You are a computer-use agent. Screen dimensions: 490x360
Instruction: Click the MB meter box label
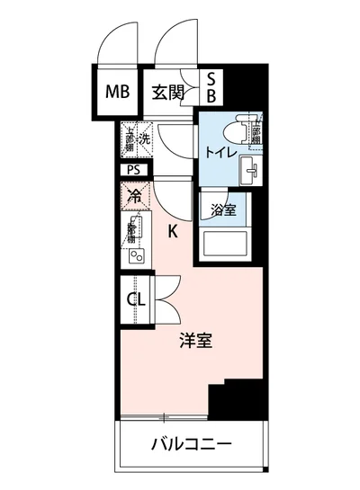coord(116,91)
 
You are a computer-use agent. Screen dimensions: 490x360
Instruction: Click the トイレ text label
coord(220,153)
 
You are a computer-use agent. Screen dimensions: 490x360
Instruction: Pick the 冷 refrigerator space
coord(134,194)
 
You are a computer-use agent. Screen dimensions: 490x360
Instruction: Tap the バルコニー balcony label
coord(191,444)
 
